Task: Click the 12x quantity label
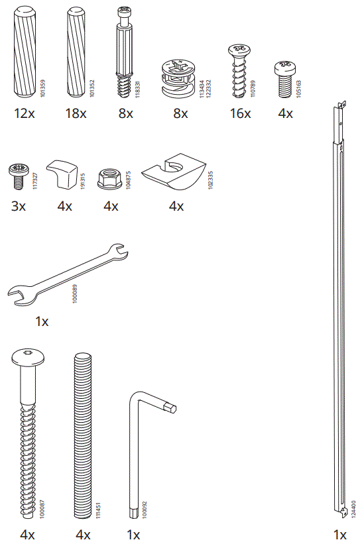[x=24, y=113]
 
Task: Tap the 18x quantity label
[x=76, y=113]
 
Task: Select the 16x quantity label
[x=240, y=113]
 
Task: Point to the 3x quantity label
[x=19, y=206]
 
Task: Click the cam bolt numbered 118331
[x=125, y=53]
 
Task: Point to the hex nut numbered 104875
[x=110, y=178]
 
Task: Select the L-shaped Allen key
[x=140, y=451]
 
